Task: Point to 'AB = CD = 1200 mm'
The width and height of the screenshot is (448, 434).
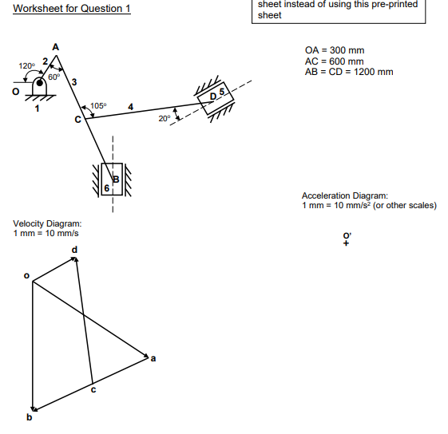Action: point(349,72)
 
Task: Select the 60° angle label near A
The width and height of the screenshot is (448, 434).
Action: point(53,77)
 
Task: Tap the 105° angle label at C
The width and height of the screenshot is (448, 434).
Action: point(97,105)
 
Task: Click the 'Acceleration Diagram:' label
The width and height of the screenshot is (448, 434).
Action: point(344,195)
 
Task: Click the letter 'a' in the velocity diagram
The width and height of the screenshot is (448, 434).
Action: point(153,358)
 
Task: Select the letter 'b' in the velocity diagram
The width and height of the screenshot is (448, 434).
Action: point(30,416)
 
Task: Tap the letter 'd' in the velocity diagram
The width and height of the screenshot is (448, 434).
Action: point(75,251)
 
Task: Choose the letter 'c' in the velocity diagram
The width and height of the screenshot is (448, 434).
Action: point(93,389)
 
